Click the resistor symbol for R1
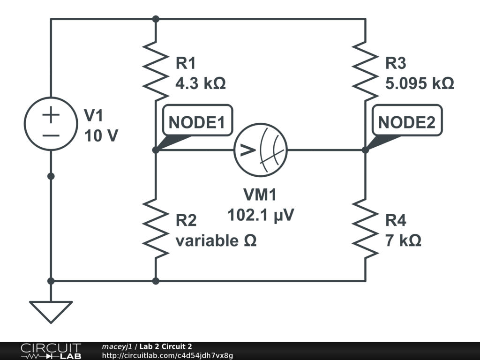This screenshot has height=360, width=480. click(x=155, y=67)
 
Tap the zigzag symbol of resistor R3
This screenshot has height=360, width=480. click(x=365, y=67)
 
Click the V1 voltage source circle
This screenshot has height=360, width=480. click(x=51, y=123)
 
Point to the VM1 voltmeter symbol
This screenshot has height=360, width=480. click(x=261, y=150)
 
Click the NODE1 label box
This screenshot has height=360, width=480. click(x=196, y=122)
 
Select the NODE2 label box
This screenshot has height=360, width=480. click(x=406, y=122)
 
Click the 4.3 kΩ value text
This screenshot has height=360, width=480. click(x=200, y=83)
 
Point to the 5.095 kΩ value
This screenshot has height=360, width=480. click(x=419, y=83)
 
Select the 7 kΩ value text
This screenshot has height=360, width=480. click(x=403, y=240)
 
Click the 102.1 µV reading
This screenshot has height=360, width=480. click(x=261, y=215)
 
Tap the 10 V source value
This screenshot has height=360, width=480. click(x=101, y=136)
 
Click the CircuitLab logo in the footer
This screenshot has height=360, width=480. click(x=51, y=351)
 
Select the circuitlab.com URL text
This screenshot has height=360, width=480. click(x=167, y=355)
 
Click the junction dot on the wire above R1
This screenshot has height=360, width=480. click(x=156, y=19)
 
